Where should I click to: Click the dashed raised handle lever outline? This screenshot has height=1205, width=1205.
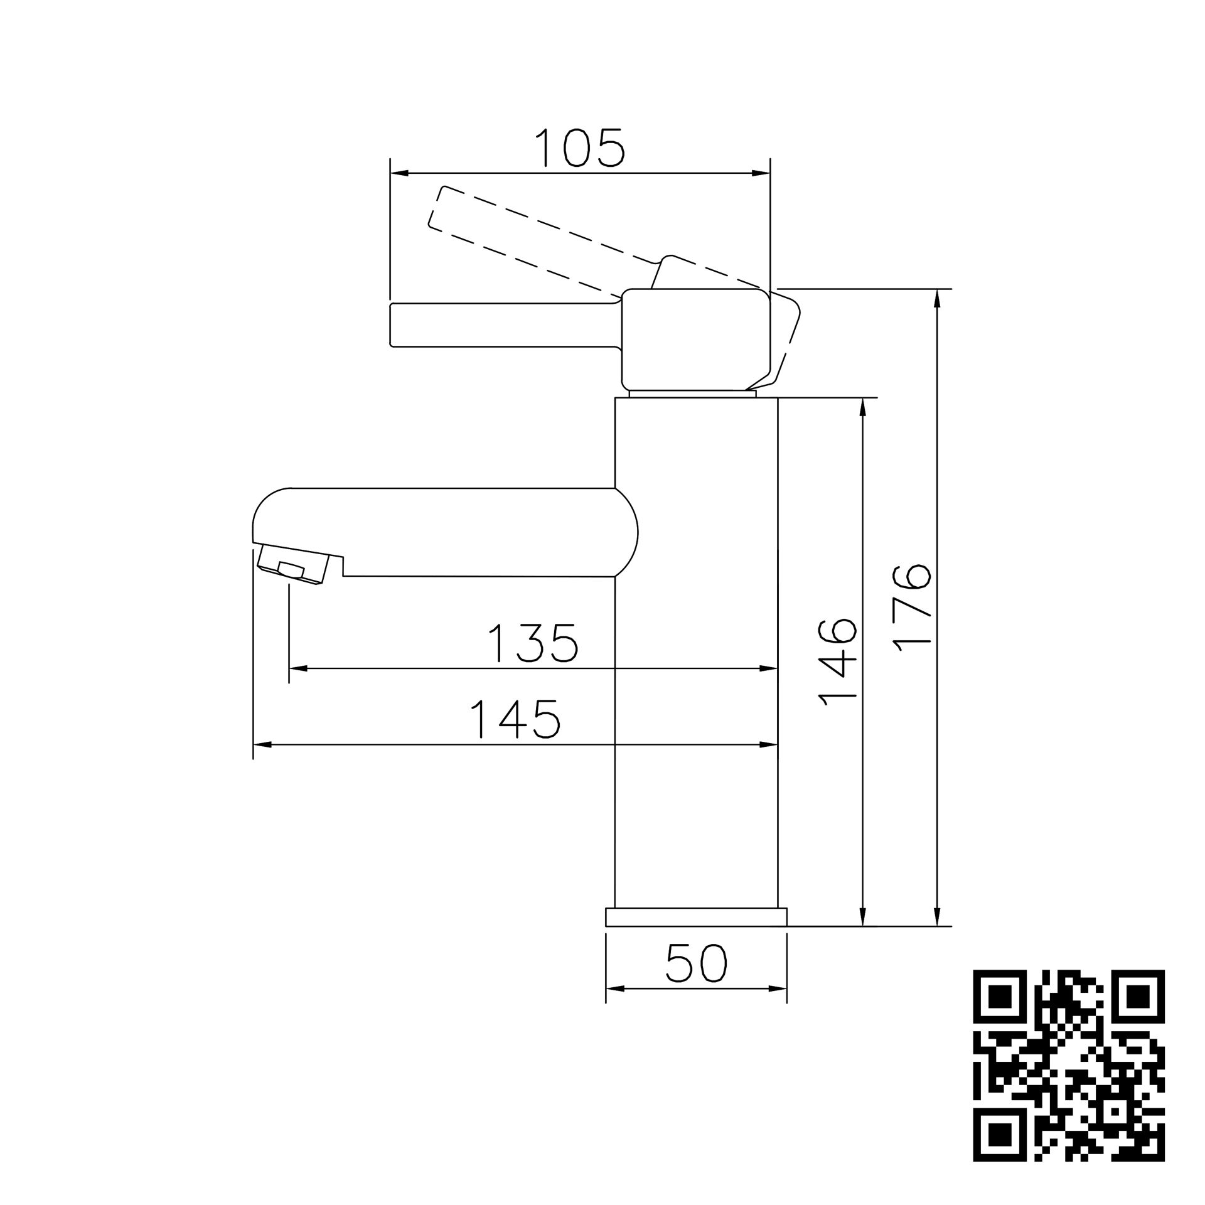click(540, 242)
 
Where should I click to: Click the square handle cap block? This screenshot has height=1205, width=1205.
click(695, 339)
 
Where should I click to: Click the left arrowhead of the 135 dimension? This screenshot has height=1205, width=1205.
click(297, 669)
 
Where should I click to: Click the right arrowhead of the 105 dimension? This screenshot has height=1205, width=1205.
click(761, 173)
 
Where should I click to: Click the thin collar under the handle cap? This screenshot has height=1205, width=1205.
click(692, 394)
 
